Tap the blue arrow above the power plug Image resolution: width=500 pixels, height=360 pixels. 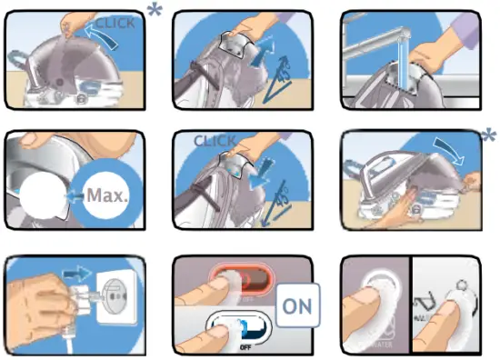tap(79, 270)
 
